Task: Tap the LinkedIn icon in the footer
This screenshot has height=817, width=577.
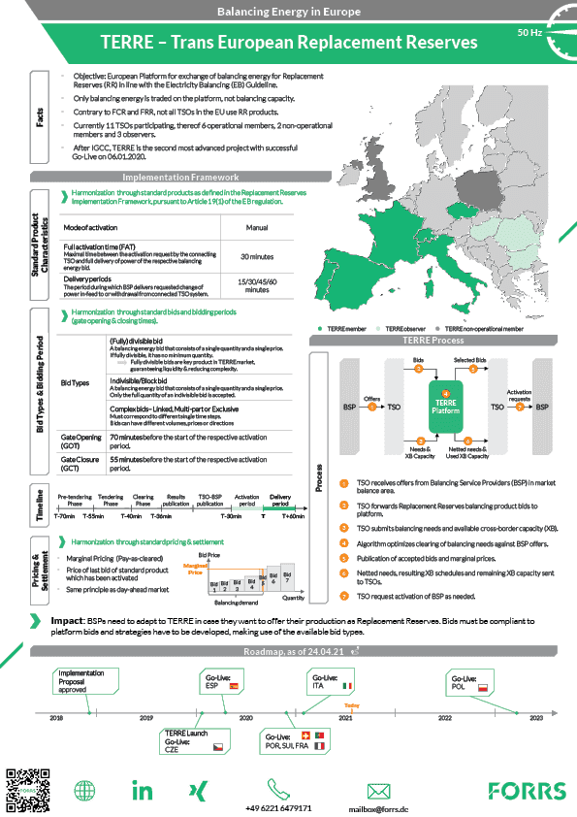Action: (x=143, y=790)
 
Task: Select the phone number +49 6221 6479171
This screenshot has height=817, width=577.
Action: (x=278, y=807)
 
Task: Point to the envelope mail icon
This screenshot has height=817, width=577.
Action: (x=378, y=789)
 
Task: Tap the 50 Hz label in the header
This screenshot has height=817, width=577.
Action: (x=529, y=32)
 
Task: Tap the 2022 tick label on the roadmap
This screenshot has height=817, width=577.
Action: (x=444, y=718)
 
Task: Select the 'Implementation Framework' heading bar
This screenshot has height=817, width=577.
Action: (x=180, y=178)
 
